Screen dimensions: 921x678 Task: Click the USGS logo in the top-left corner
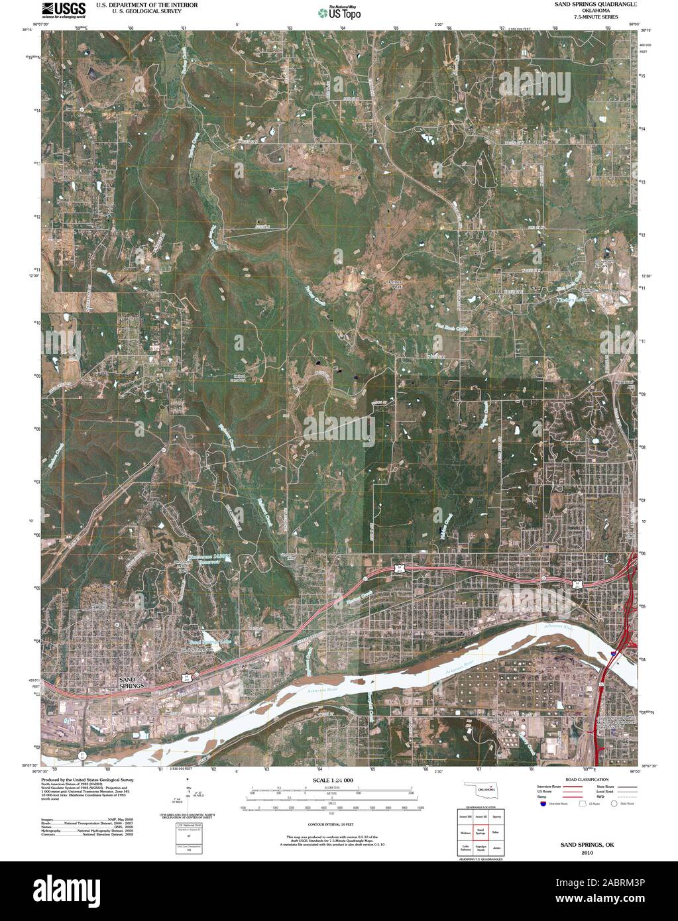click(x=64, y=9)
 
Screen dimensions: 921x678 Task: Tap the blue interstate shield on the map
click(x=614, y=653)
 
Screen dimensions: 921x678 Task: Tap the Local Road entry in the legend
click(x=604, y=791)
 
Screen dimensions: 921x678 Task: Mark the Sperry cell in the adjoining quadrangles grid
click(x=496, y=817)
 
